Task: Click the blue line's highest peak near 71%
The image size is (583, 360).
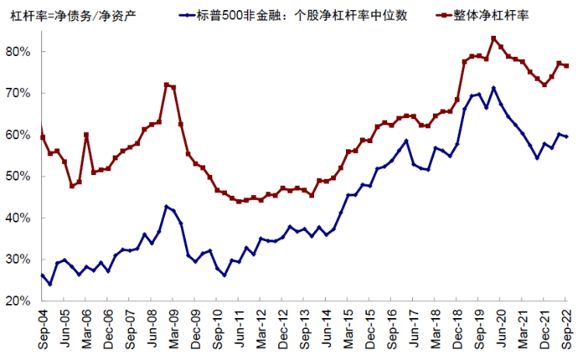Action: (x=494, y=88)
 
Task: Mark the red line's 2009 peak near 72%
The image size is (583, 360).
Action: (x=166, y=85)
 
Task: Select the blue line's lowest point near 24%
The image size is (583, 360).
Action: (x=50, y=284)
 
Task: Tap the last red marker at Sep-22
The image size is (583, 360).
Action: (x=566, y=65)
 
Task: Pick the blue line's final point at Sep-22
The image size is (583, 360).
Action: (x=566, y=137)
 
